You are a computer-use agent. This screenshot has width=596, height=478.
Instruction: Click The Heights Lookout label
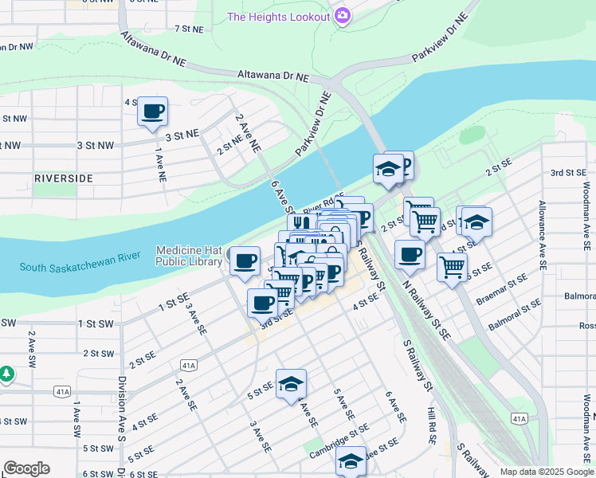coord(277,17)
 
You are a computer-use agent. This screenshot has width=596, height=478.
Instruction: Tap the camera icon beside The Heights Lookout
coord(343,15)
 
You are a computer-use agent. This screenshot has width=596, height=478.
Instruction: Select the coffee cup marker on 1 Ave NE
coord(152,111)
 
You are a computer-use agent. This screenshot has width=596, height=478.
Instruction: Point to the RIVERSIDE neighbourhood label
coord(63,178)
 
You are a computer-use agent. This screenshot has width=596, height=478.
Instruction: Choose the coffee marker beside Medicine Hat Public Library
coord(245,261)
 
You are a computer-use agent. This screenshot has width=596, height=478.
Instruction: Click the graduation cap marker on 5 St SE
coord(291,384)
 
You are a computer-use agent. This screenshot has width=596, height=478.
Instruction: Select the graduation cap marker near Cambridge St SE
coord(350,461)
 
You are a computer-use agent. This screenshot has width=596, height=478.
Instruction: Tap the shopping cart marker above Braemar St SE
coord(452,267)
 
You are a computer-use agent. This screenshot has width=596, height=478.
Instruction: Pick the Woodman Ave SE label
coord(586,216)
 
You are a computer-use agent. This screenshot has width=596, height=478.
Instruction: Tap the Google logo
coord(26,468)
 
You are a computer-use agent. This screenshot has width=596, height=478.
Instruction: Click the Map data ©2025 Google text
coord(547,472)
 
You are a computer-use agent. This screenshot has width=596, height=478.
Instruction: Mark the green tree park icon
coord(6,373)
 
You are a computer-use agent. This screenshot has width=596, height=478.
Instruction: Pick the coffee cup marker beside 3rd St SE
coord(262,302)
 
